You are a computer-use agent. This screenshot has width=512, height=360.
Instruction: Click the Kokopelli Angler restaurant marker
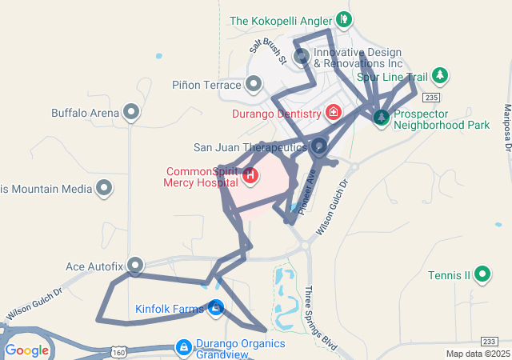tap(343, 18)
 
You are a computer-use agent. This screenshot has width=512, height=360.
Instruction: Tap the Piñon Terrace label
tap(206, 85)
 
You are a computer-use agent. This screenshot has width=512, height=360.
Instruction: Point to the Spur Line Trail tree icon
tap(439, 76)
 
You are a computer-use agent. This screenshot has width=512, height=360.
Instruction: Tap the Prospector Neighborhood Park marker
tap(382, 118)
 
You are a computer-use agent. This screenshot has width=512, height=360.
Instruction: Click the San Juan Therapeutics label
tap(250, 147)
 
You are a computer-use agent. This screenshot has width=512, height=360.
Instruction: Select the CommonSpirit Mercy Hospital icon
tap(250, 174)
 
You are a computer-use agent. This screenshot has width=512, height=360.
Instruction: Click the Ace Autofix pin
tap(136, 265)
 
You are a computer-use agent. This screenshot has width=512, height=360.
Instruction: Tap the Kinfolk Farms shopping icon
tap(215, 307)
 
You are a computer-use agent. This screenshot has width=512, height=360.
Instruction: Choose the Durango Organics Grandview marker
tap(183, 346)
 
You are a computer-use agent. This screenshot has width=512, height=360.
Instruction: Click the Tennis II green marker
tap(482, 275)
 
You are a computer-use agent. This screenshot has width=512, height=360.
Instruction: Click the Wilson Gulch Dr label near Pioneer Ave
tap(333, 206)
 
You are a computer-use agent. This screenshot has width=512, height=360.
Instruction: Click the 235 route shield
tap(432, 97)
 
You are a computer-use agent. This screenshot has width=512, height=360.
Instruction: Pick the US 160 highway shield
tap(118, 352)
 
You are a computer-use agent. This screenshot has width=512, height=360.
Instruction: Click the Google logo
tap(26, 350)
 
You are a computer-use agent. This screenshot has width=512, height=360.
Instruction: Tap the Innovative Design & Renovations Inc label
tap(358, 57)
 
